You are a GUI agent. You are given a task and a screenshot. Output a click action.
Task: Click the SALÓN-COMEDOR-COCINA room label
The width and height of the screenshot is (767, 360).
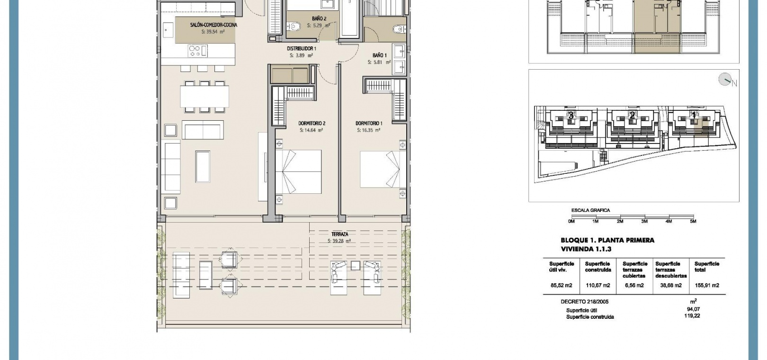tap(214, 25)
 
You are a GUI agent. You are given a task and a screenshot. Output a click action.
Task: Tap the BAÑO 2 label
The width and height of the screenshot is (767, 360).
tap(319, 18)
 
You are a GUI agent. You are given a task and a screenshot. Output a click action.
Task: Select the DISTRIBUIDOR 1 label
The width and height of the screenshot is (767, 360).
tap(301, 49)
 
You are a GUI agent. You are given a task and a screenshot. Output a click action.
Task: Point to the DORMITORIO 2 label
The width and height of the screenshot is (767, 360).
tap(312, 123)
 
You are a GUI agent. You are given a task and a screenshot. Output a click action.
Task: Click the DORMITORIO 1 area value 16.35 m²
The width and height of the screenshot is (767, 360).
tap(369, 130)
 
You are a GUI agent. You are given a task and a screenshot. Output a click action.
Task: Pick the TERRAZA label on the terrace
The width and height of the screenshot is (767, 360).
tap(339, 234)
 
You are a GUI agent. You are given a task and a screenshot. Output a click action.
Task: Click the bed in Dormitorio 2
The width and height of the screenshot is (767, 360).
tap(298, 171)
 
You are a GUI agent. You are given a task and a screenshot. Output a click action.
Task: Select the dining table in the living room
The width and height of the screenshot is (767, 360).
tap(205, 97)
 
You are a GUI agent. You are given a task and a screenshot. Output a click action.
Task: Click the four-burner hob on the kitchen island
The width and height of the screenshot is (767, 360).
tap(198, 51)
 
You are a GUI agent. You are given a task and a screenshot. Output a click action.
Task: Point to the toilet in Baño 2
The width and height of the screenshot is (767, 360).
tap(294, 26)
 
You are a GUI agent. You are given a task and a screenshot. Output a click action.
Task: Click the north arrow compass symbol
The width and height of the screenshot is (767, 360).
tap(725, 80)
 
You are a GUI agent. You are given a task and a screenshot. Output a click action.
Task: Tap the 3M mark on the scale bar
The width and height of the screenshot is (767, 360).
tap(644, 221)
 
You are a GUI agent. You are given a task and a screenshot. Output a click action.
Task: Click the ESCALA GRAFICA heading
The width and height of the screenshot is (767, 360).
tap(591, 210)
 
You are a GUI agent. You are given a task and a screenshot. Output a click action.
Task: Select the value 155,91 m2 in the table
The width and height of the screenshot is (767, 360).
tap(707, 285)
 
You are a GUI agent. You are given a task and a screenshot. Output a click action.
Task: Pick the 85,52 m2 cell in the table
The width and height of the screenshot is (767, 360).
tap(562, 285)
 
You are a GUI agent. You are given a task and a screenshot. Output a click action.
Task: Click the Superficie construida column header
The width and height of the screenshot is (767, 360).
tap(598, 267)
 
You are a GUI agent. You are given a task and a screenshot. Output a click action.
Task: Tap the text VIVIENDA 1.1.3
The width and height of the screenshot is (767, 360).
tap(586, 249)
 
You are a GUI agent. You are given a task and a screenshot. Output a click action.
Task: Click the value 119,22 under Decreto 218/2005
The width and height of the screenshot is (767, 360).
tap(692, 315)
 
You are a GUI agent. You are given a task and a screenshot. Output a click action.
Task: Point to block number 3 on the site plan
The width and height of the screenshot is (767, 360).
tap(571, 116)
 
